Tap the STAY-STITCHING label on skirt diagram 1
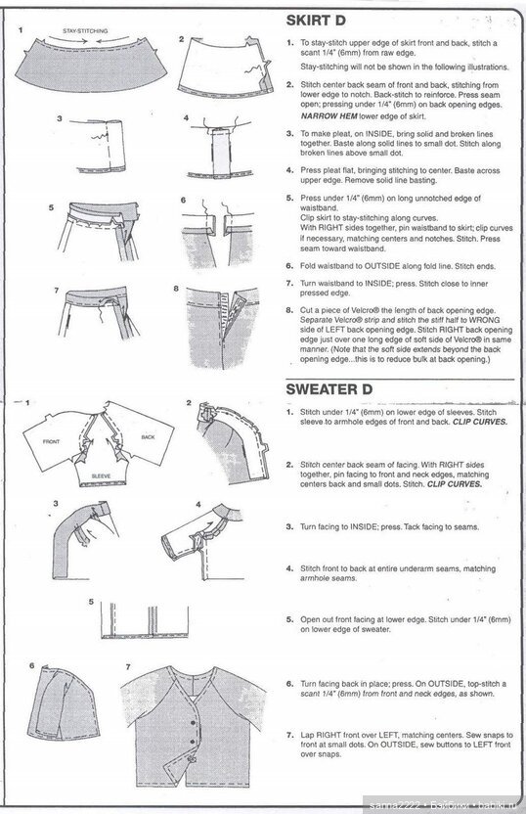click(x=85, y=31)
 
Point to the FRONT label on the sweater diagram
click(x=52, y=442)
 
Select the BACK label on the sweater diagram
click(x=148, y=436)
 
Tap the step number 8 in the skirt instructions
click(x=289, y=308)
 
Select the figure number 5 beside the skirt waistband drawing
click(x=51, y=207)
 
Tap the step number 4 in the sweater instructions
click(x=289, y=567)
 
